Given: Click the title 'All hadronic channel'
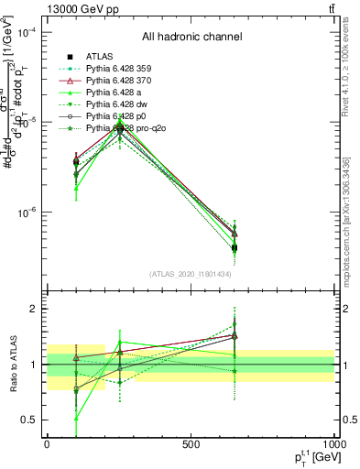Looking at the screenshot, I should (191, 38).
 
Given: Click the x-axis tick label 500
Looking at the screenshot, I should (191, 444).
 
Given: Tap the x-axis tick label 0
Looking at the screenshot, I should (47, 444).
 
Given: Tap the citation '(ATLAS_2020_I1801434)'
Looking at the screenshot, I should (191, 274).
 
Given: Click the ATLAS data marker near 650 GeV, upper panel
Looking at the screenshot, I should (235, 247).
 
